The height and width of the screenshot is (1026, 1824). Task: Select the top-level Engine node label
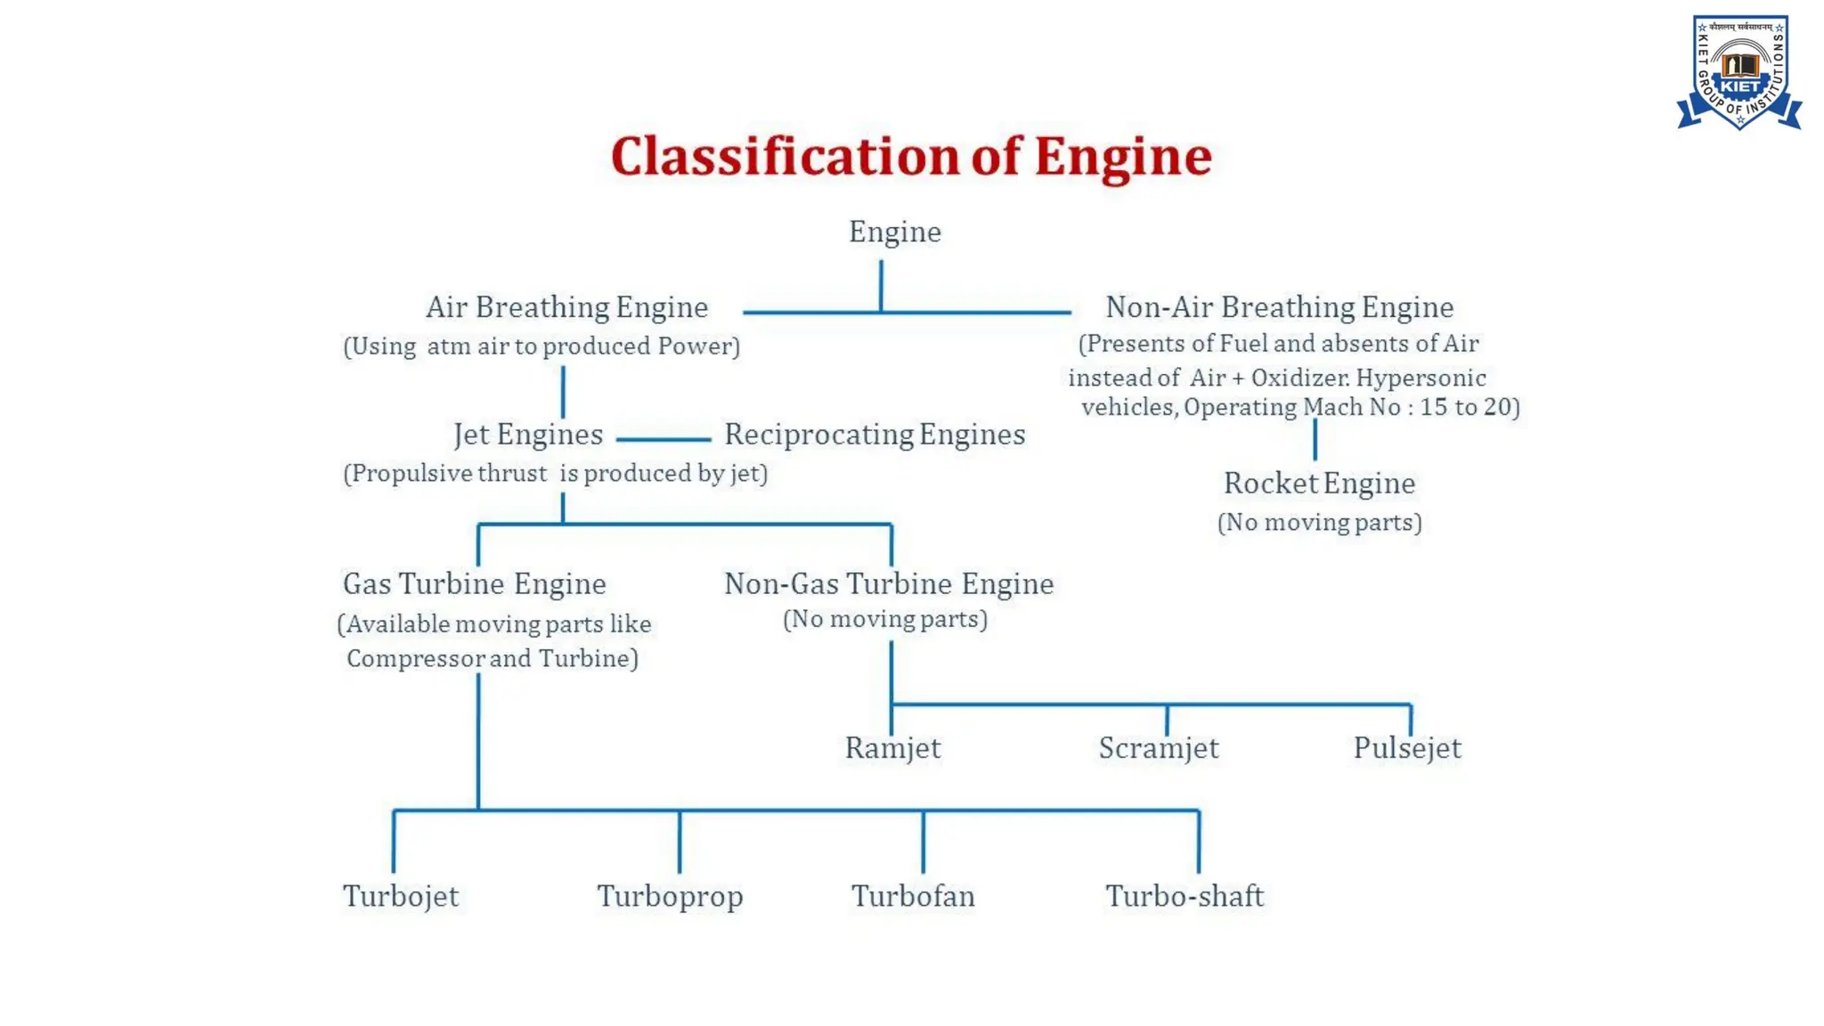tap(894, 232)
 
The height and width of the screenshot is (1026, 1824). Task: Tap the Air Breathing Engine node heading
tap(566, 307)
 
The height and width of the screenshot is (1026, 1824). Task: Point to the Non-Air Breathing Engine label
tap(1279, 307)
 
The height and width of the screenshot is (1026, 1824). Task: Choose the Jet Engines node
tap(528, 435)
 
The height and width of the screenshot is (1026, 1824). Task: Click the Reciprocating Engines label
tap(875, 435)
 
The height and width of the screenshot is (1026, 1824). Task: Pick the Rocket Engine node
tap(1319, 484)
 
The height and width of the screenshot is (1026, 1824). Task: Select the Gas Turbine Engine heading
tap(475, 584)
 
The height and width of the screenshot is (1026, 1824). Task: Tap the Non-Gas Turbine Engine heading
tap(889, 584)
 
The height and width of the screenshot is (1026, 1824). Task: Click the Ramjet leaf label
tap(892, 748)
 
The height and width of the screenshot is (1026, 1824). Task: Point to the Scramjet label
tap(1158, 748)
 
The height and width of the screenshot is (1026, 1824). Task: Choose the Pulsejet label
tap(1407, 748)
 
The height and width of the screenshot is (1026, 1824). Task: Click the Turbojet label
tap(401, 896)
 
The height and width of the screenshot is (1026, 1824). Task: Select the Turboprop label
tap(670, 896)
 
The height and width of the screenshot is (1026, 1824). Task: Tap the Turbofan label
tap(913, 896)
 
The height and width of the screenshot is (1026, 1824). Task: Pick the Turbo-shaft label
tap(1185, 896)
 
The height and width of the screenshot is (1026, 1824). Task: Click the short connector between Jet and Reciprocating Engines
tap(664, 439)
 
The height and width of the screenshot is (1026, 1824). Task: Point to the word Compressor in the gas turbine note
tap(415, 659)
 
